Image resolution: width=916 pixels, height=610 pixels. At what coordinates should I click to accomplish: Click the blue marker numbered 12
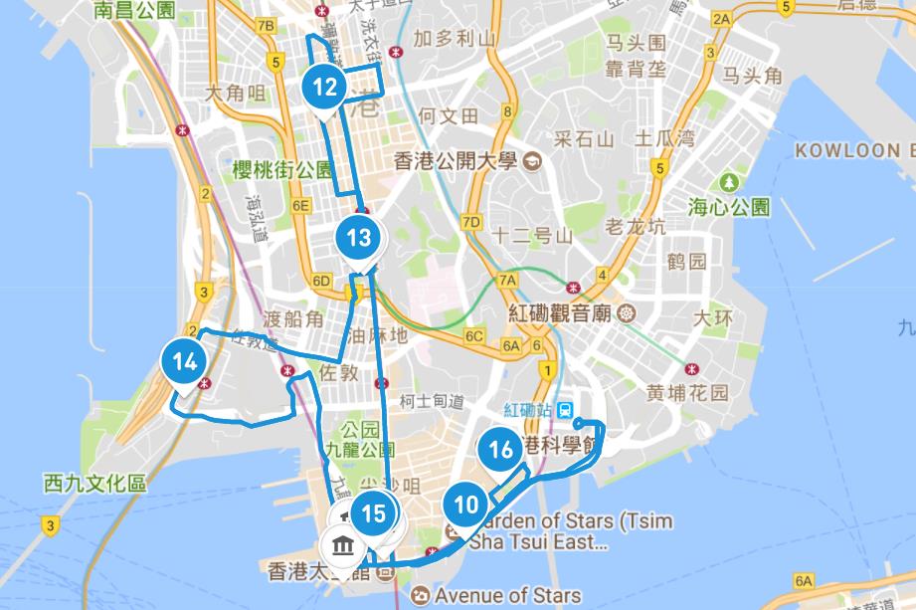[325, 87]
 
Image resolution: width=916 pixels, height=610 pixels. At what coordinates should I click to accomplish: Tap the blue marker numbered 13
[358, 238]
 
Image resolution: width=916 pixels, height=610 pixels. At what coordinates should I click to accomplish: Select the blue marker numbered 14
[183, 361]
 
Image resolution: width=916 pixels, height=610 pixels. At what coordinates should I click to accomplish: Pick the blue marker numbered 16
[501, 449]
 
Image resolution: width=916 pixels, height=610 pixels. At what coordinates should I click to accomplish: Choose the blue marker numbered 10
[465, 504]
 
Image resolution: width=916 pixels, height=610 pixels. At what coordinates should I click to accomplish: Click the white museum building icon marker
[344, 545]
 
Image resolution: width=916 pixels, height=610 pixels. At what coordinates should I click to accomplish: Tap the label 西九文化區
[95, 485]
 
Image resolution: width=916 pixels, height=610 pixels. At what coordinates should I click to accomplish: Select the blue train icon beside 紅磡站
[565, 409]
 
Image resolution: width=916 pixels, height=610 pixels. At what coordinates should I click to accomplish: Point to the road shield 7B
[265, 26]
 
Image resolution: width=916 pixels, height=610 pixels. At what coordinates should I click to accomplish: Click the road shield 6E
[302, 206]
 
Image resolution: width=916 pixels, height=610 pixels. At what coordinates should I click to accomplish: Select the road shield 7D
[471, 221]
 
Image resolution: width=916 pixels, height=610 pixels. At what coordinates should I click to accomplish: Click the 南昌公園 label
[134, 11]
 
